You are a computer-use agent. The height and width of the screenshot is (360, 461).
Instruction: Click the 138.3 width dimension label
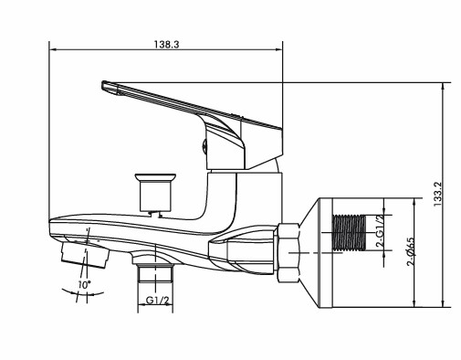[x=166, y=45]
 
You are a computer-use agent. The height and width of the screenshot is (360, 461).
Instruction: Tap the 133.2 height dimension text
[x=437, y=194]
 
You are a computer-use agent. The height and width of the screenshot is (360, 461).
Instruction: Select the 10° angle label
[x=84, y=285]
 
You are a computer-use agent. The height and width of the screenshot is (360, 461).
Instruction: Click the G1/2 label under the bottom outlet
[x=157, y=301]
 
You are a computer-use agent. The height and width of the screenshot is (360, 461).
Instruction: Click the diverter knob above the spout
[x=155, y=193]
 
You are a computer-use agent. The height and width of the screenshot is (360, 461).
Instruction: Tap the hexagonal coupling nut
[x=288, y=253]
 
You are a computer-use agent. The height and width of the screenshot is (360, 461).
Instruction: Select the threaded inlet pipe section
[x=350, y=233]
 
